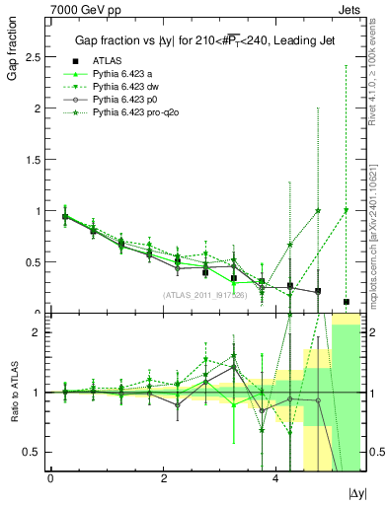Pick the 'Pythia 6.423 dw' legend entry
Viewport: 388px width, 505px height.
click(124, 88)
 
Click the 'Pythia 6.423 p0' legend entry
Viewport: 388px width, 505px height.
click(124, 101)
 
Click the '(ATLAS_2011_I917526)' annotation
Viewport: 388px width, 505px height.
click(204, 295)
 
